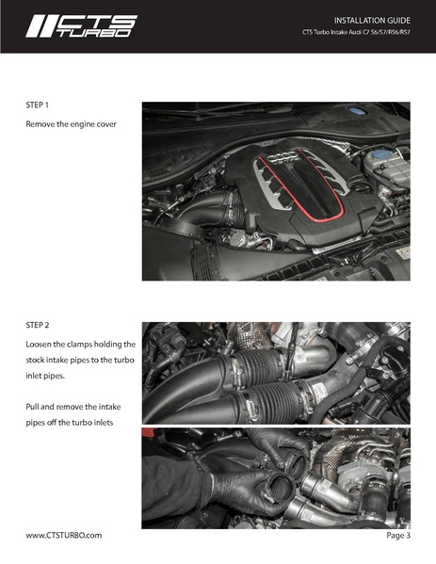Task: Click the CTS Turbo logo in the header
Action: [x=81, y=26]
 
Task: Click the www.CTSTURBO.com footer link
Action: [x=64, y=535]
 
